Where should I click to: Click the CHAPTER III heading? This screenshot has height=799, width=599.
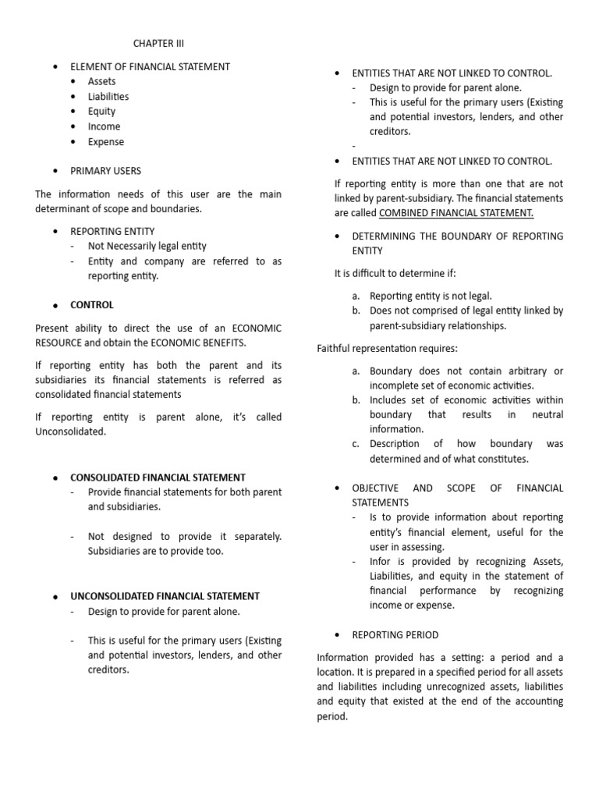pos(158,44)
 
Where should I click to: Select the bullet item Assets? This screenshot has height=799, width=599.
pos(101,81)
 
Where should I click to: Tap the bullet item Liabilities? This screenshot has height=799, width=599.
pos(108,97)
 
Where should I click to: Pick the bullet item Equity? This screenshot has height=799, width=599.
pos(101,112)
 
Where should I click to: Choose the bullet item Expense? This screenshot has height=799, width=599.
pos(105,142)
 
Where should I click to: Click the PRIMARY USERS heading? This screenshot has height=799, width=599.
pos(105,171)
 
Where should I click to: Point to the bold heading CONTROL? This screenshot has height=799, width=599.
pos(92,305)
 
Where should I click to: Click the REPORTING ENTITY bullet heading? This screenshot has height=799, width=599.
pos(112,231)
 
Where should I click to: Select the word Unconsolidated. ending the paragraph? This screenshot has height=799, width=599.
pos(70,431)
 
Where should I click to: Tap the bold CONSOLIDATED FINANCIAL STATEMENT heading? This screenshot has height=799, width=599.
pos(158,477)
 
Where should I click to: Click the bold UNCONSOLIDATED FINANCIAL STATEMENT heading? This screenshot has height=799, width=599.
pos(165,596)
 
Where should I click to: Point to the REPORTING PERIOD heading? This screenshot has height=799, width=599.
pos(395,635)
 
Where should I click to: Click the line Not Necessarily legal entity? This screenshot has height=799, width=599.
pos(147,246)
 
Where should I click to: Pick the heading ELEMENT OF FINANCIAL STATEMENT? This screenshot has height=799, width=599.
pos(150,66)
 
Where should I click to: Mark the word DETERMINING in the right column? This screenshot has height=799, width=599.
pos(388,236)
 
